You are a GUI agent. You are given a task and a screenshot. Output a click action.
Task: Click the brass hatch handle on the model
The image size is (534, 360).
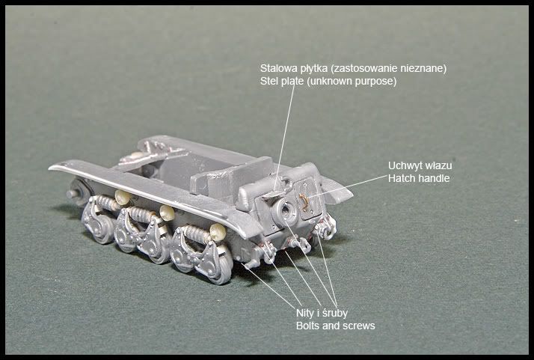304,202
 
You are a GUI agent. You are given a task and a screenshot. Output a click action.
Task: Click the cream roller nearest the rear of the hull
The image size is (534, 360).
218,232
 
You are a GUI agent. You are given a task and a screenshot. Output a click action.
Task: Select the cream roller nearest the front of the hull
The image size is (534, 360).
123,197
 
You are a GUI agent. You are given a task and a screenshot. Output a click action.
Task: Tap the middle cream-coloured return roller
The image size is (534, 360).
167,213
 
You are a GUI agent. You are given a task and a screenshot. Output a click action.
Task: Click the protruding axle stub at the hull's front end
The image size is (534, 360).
73,194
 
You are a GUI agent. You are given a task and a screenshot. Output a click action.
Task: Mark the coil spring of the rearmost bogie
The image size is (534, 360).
195,234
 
